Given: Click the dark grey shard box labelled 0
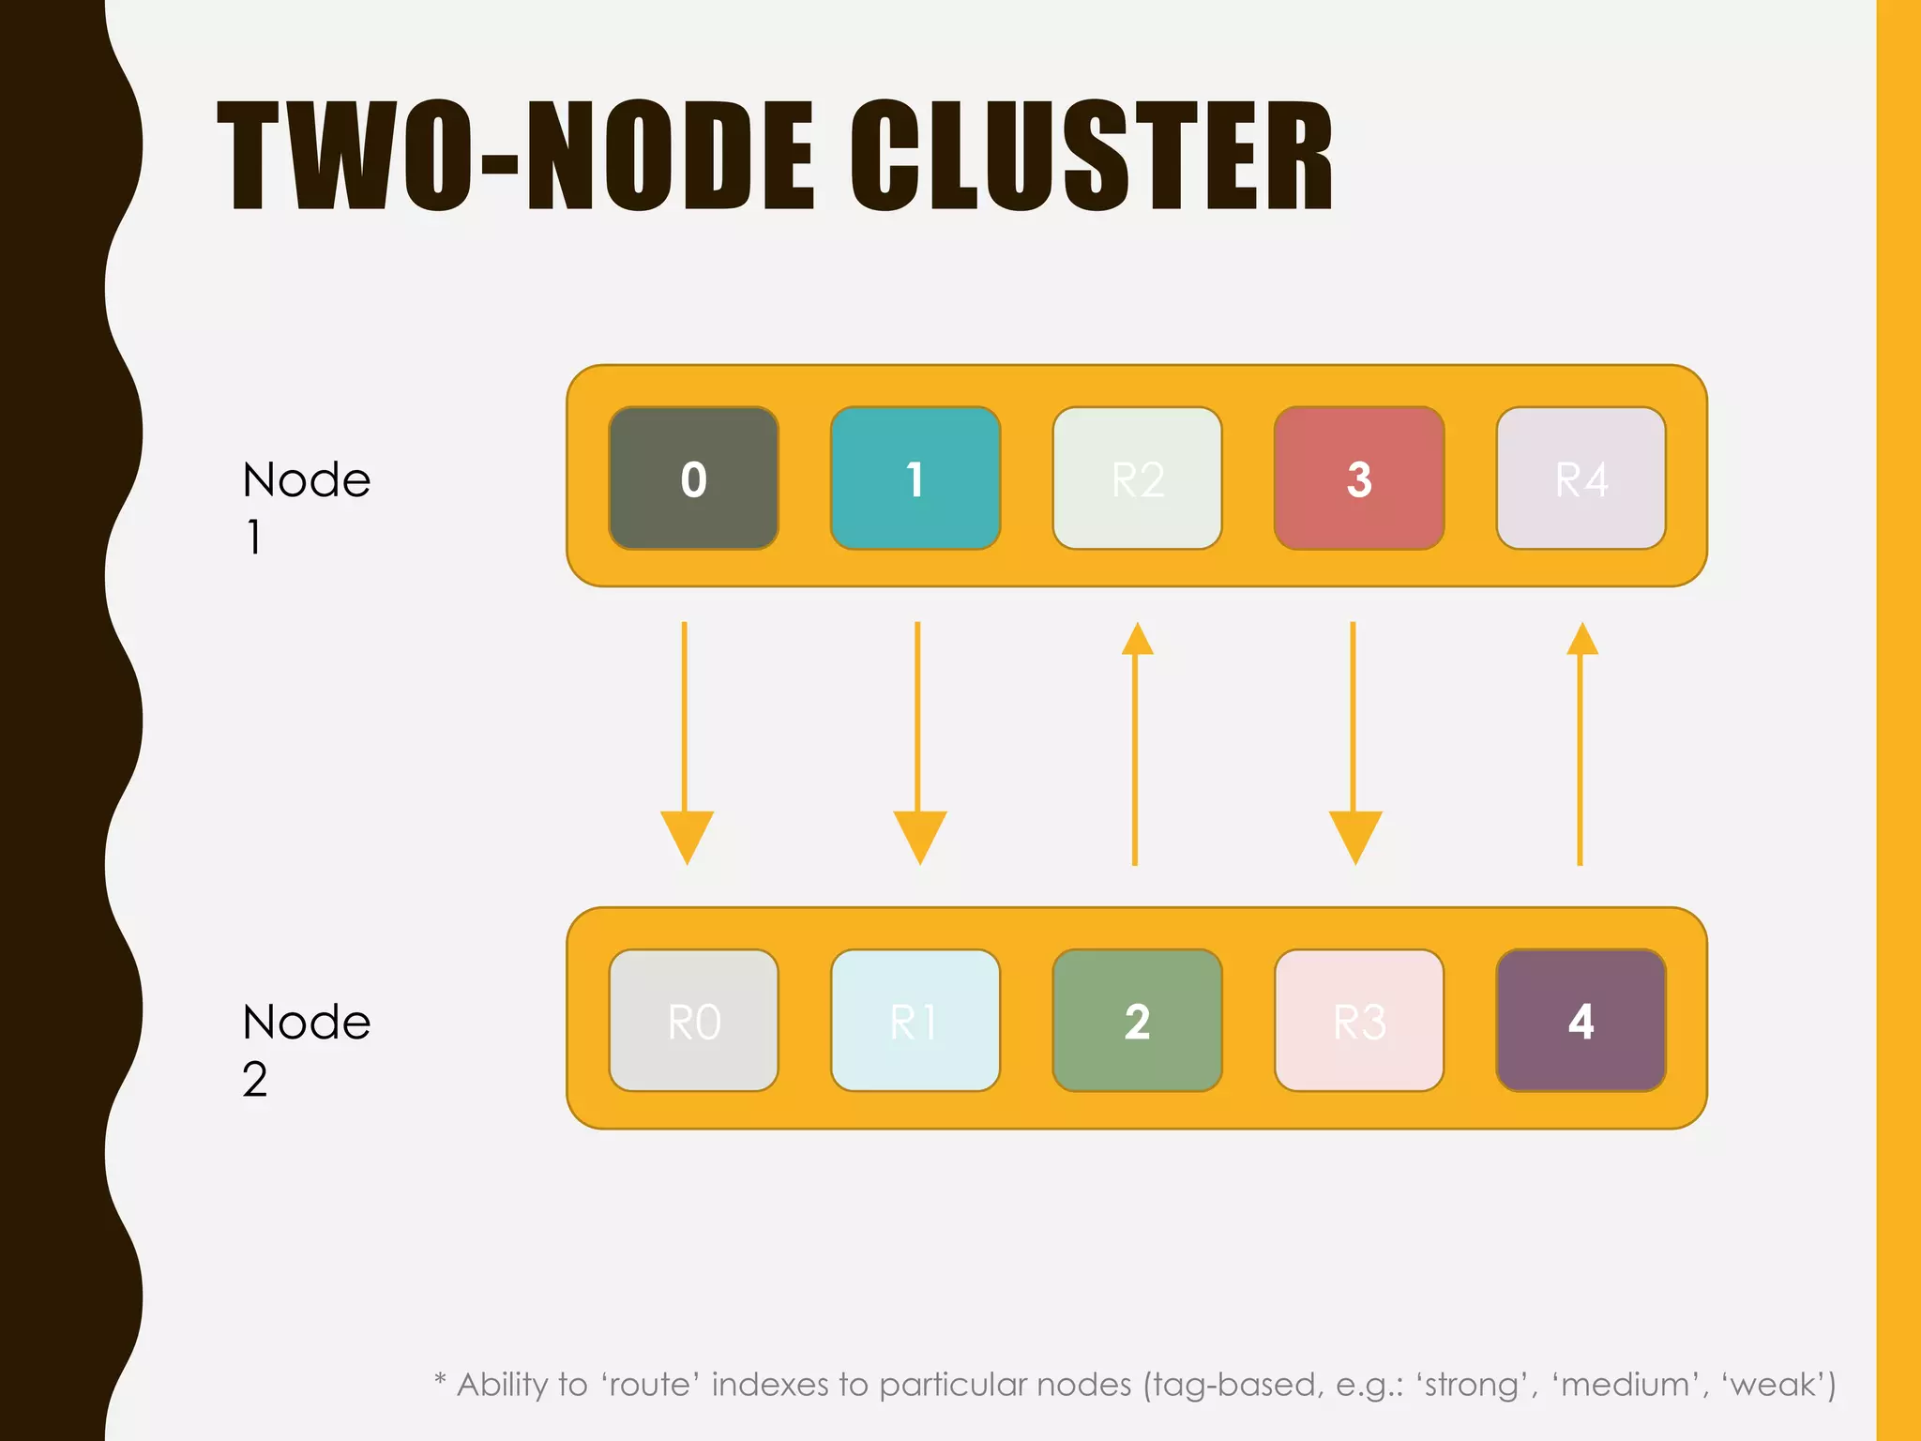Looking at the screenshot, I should pyautogui.click(x=693, y=478).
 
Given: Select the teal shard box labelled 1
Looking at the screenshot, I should pyautogui.click(x=915, y=478).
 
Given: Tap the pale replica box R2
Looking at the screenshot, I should pyautogui.click(x=1137, y=478).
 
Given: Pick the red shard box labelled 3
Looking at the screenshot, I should pyautogui.click(x=1358, y=478).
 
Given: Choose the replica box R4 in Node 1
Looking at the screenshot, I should pyautogui.click(x=1581, y=478).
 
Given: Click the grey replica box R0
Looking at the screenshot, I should pyautogui.click(x=693, y=1021).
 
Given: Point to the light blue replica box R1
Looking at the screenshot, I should pyautogui.click(x=915, y=1021).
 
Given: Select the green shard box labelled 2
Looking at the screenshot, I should pyautogui.click(x=1137, y=1021).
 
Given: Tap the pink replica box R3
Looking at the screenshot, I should pyautogui.click(x=1358, y=1021).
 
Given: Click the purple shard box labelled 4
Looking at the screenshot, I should pyautogui.click(x=1581, y=1021).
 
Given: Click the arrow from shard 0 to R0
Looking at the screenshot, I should pyautogui.click(x=686, y=741).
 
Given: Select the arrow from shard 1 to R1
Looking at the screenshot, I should pyautogui.click(x=918, y=741).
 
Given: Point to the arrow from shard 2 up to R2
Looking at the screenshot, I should pyautogui.click(x=1136, y=741).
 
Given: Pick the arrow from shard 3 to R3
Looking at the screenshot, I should pyautogui.click(x=1354, y=741).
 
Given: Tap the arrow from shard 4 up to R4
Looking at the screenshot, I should pyautogui.click(x=1581, y=741).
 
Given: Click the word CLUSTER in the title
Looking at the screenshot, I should pyautogui.click(x=1092, y=156).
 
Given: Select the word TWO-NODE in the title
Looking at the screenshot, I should pyautogui.click(x=516, y=156).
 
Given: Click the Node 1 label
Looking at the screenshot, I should pyautogui.click(x=306, y=507).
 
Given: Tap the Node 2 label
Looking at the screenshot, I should pyautogui.click(x=306, y=1049).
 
